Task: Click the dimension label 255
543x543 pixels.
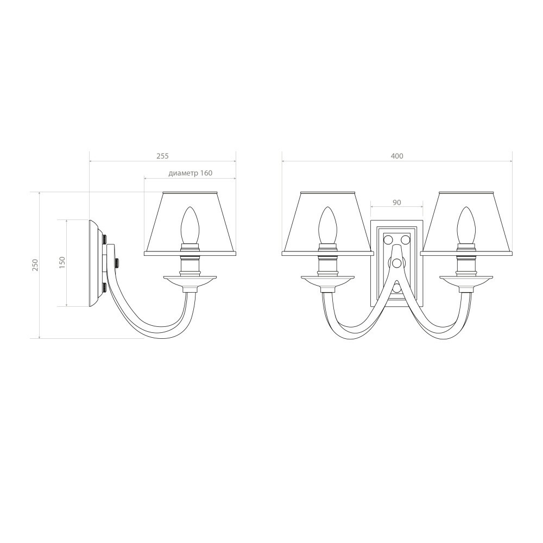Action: [162, 156]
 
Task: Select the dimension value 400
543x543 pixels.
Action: [397, 156]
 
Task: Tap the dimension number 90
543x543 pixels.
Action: [397, 202]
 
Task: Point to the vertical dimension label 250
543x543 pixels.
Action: [35, 265]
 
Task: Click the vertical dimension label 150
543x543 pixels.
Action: [62, 263]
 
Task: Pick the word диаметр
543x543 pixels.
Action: [182, 173]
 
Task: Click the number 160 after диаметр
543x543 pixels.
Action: [206, 173]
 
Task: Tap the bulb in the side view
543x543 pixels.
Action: [189, 225]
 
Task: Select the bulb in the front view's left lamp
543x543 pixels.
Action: [327, 225]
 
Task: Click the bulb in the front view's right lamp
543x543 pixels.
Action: [466, 225]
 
